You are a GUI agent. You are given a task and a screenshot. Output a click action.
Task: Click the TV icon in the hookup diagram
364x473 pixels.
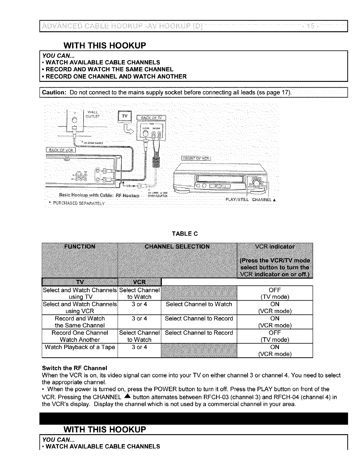coord(124,116)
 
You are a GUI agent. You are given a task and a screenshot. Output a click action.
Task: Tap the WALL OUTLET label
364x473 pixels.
coord(89,114)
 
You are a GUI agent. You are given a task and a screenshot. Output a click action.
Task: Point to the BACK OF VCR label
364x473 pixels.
coord(61,150)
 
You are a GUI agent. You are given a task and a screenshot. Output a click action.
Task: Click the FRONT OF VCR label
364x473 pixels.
coord(197,158)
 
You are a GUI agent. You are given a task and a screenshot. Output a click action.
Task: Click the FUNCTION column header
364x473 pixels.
coord(80,247)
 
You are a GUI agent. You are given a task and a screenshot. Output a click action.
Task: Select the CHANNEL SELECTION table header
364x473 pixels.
coord(177,247)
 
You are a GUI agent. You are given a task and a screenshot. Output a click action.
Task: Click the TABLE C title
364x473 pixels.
coord(182,233)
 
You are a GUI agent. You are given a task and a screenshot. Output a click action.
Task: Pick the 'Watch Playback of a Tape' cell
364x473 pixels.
coord(80,347)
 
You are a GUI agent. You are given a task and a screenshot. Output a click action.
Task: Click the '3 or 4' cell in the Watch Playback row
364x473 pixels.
coord(139,347)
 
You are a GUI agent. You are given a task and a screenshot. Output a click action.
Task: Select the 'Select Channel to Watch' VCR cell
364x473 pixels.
coord(199,304)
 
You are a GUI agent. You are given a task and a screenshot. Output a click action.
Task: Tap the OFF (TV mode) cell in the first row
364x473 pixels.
coord(275,293)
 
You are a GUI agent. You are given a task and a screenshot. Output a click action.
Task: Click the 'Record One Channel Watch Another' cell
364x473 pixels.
coord(80,336)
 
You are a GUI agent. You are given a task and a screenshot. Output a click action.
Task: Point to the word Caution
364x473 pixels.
coord(54,92)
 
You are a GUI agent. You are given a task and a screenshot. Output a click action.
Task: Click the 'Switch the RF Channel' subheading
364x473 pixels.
coord(74,368)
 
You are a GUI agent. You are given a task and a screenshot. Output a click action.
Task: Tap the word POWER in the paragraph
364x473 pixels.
coord(196,389)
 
